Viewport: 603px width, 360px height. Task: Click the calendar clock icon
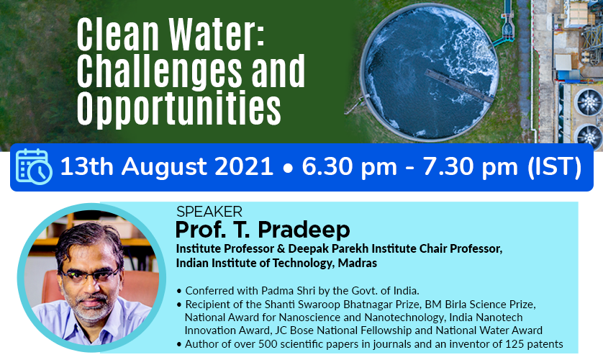[x=34, y=166]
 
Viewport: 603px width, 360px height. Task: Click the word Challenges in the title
[x=160, y=71]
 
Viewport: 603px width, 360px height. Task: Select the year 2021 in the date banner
[x=244, y=167]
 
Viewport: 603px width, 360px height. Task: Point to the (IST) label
[x=554, y=167]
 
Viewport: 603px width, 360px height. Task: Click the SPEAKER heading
[x=209, y=212]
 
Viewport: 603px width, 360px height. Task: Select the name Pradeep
[x=304, y=230]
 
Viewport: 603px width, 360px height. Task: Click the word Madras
[x=357, y=263]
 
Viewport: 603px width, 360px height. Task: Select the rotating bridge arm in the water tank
[x=459, y=86]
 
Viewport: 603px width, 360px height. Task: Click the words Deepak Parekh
[x=325, y=249]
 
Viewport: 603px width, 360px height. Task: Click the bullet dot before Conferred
[x=179, y=291]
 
